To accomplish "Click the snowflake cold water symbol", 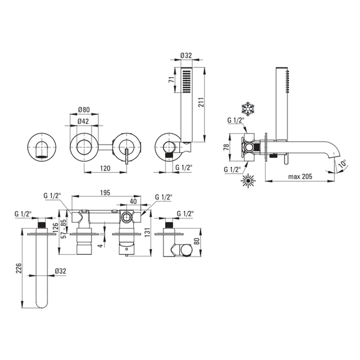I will click(248, 109).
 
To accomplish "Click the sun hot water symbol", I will click(248, 182).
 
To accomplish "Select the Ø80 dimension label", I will click(85, 110).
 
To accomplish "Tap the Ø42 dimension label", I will click(85, 121).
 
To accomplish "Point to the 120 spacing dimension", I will click(104, 168).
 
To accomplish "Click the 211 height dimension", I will click(210, 102).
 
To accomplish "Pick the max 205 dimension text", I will click(302, 177).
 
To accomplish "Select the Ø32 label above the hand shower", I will click(186, 55).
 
